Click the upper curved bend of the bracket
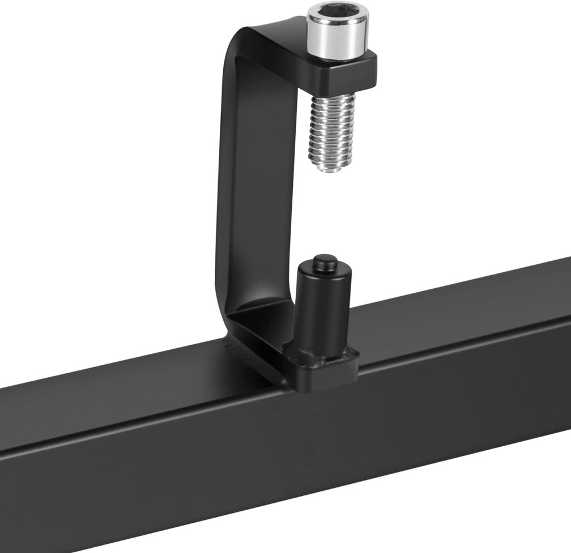pyautogui.click(x=240, y=43)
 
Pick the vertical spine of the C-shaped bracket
pyautogui.click(x=228, y=188)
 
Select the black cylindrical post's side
pyautogui.click(x=323, y=308)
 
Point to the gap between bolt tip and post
pyautogui.click(x=327, y=214)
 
